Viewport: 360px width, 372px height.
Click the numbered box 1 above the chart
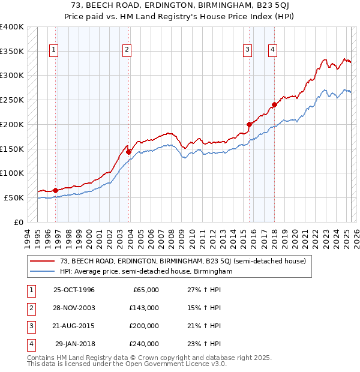pos(55,50)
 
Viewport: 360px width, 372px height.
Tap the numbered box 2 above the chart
pos(127,50)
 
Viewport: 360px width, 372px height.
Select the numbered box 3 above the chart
pos(247,50)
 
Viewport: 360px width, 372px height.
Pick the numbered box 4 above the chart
pos(272,50)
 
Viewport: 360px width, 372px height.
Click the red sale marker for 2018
pos(274,104)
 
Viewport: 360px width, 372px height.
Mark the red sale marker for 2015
pos(249,124)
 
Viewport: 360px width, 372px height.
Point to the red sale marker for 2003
pos(128,152)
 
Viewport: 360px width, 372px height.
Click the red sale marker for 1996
pos(56,190)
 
